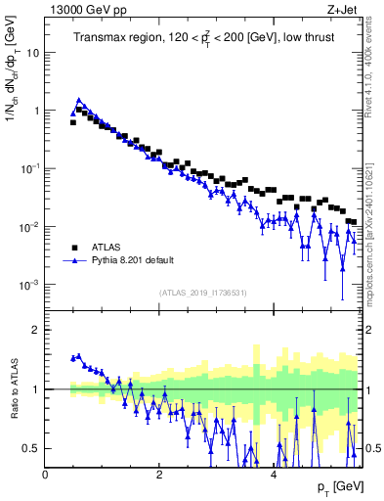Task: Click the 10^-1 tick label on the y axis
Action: [29, 168]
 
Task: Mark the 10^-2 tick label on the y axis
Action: [29, 227]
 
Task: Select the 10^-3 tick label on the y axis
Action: [29, 285]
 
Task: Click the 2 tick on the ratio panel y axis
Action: [36, 331]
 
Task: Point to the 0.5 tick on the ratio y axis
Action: [32, 448]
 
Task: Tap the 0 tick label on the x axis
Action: [45, 474]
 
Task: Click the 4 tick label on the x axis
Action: [273, 474]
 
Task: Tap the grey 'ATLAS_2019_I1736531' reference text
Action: [203, 293]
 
